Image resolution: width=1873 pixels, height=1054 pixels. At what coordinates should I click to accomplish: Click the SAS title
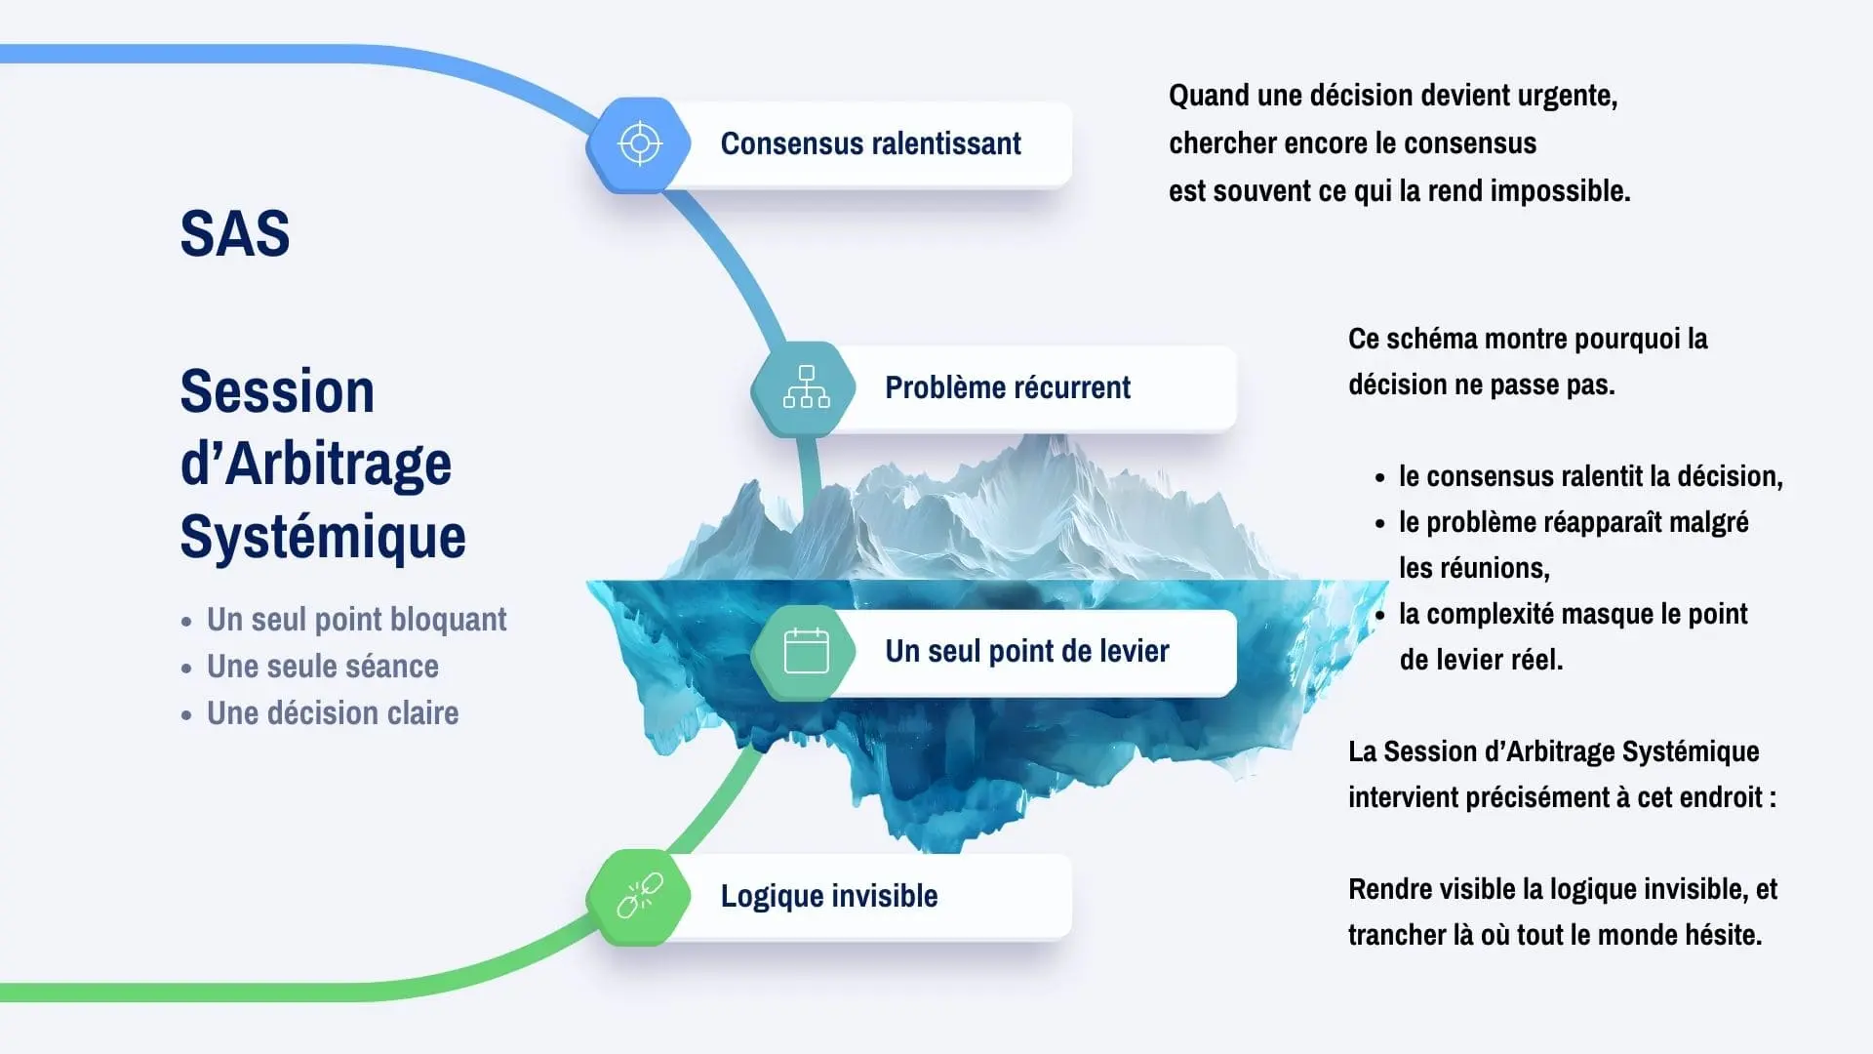[235, 234]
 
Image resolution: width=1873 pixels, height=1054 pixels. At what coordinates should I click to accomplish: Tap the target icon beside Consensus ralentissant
[640, 144]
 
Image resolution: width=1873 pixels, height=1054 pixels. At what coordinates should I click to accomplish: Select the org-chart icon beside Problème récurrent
[806, 387]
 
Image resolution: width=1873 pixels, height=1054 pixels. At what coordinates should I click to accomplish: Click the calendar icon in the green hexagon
[806, 651]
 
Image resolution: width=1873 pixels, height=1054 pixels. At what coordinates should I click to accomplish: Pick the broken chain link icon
[640, 896]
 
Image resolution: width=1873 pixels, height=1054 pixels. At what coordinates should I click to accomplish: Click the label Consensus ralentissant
[870, 144]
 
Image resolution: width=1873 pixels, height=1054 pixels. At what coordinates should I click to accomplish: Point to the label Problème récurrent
[1007, 387]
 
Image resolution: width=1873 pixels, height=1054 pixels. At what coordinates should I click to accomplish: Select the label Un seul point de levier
[1026, 651]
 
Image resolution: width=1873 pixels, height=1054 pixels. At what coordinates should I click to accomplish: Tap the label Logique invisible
[829, 896]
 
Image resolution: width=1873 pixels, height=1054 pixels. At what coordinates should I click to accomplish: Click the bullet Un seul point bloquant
[356, 620]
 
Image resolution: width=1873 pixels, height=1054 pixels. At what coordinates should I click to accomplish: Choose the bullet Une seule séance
[322, 667]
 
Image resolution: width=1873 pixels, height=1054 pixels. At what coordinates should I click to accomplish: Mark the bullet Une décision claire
[332, 713]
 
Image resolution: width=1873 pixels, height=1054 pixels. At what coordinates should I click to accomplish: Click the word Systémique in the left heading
[323, 537]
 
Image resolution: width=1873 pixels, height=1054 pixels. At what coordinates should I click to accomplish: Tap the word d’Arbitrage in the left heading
[316, 464]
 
